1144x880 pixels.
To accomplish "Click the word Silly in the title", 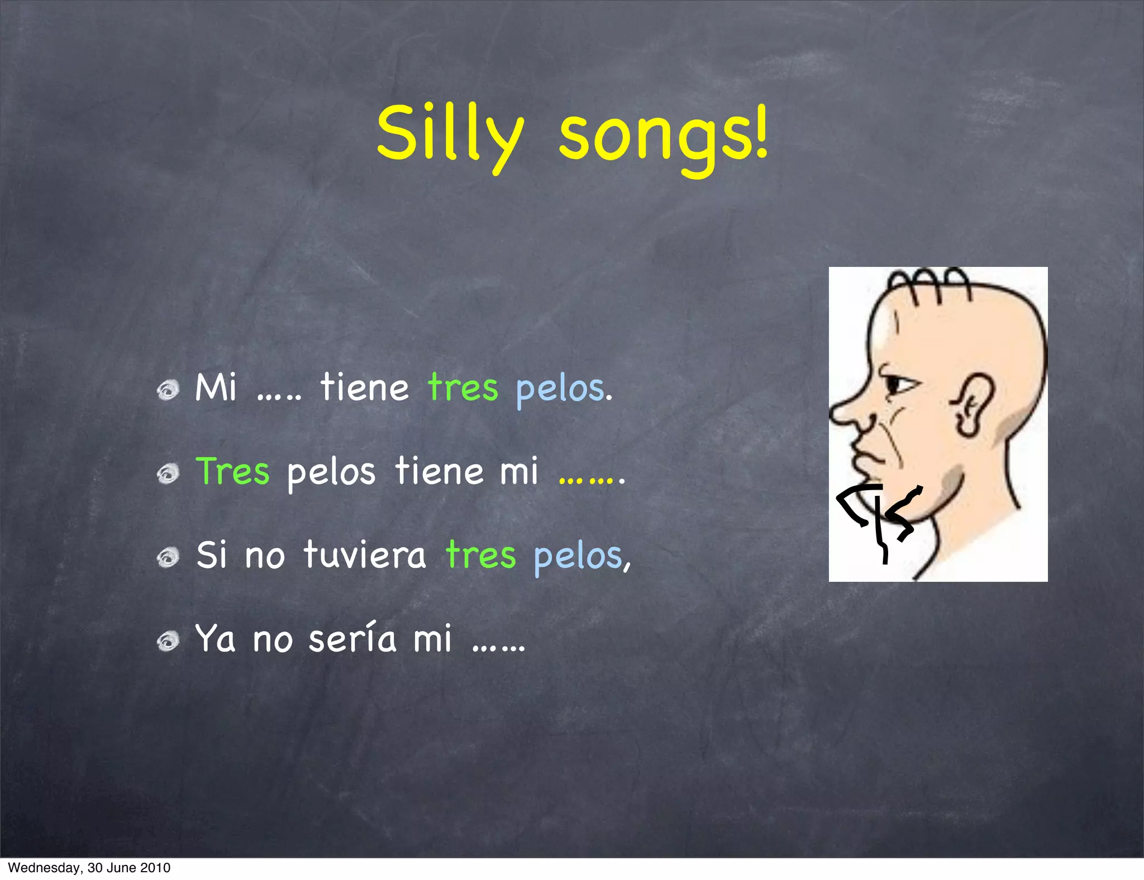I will coord(450,134).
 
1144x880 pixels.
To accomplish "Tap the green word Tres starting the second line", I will coord(233,472).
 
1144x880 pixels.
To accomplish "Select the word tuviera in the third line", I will coord(365,556).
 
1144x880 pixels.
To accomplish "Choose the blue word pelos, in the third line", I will coord(581,557).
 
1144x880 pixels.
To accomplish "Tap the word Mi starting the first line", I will coord(216,388).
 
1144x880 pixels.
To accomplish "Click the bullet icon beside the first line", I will coord(168,390).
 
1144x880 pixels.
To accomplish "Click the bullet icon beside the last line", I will coord(168,641).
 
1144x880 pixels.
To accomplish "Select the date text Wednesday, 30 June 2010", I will coord(89,868).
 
